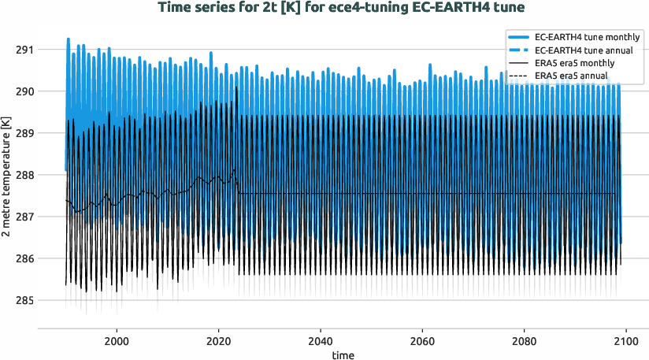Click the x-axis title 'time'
[343, 355]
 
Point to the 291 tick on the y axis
[24, 50]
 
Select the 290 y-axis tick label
[24, 91]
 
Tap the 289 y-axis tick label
[24, 133]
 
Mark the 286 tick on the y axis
[24, 258]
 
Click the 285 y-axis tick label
[24, 300]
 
